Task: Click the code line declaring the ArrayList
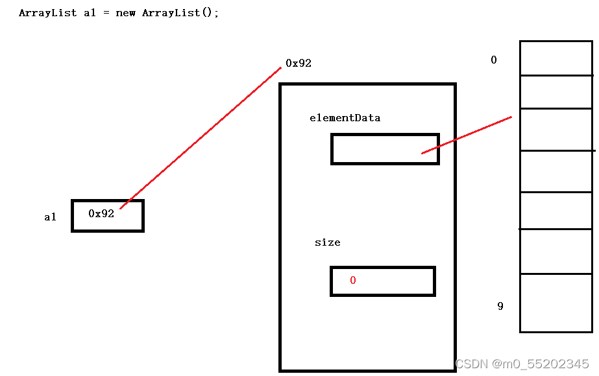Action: coord(119,13)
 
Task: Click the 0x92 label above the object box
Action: coord(299,64)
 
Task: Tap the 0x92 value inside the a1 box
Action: coord(101,213)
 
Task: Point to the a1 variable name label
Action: coord(50,217)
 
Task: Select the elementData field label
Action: coord(345,118)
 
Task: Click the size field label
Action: coord(327,242)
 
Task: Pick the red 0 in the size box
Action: coord(353,281)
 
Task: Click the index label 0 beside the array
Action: coord(494,60)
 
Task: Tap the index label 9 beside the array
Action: coord(500,306)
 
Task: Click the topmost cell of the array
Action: coord(557,58)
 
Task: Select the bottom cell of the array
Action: coord(557,303)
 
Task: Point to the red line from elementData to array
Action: coord(467,135)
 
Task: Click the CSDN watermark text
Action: coord(522,364)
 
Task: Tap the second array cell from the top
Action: coord(557,92)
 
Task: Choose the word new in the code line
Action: coord(125,13)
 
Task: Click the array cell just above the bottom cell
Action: coord(557,252)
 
